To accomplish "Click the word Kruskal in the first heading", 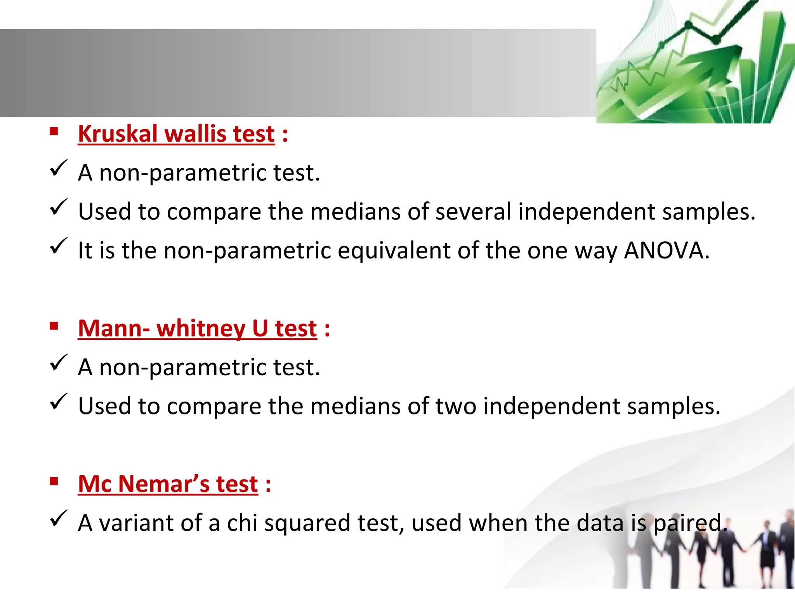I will pyautogui.click(x=117, y=134).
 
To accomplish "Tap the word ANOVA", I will pyautogui.click(x=667, y=250).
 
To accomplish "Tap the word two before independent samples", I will pyautogui.click(x=456, y=406).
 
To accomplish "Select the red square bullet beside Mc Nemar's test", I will pyautogui.click(x=54, y=482).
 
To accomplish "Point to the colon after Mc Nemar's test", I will pyautogui.click(x=268, y=485).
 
